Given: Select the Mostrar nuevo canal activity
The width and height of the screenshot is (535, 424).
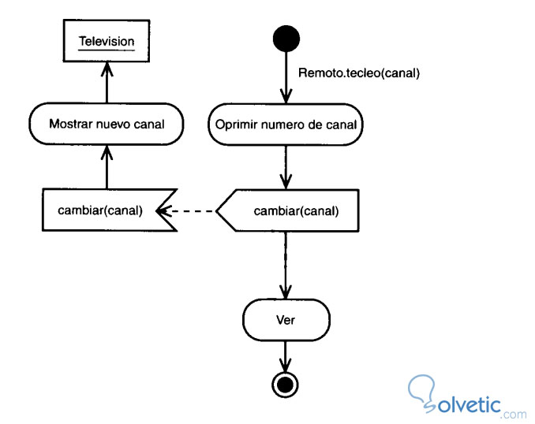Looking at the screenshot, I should point(107,124).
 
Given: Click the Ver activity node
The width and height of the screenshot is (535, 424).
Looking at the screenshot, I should point(285,321).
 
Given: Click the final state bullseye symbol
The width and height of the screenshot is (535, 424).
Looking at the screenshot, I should point(285,384).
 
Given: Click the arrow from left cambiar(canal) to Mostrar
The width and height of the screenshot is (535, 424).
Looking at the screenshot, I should point(107,167).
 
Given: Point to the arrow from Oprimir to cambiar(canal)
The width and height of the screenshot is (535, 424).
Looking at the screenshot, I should point(285,167).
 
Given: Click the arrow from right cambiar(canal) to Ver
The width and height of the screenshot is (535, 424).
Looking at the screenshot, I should point(285,264).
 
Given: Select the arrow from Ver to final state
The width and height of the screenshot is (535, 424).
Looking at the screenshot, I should point(285,355).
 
